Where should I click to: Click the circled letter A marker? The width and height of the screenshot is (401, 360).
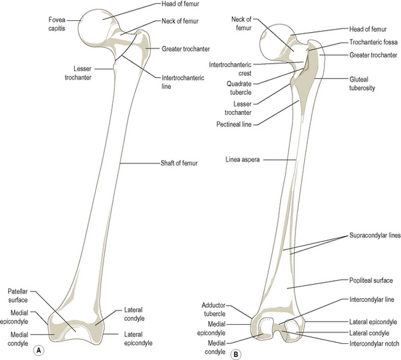click(39, 349)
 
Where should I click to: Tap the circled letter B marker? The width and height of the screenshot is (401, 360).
click(236, 354)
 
